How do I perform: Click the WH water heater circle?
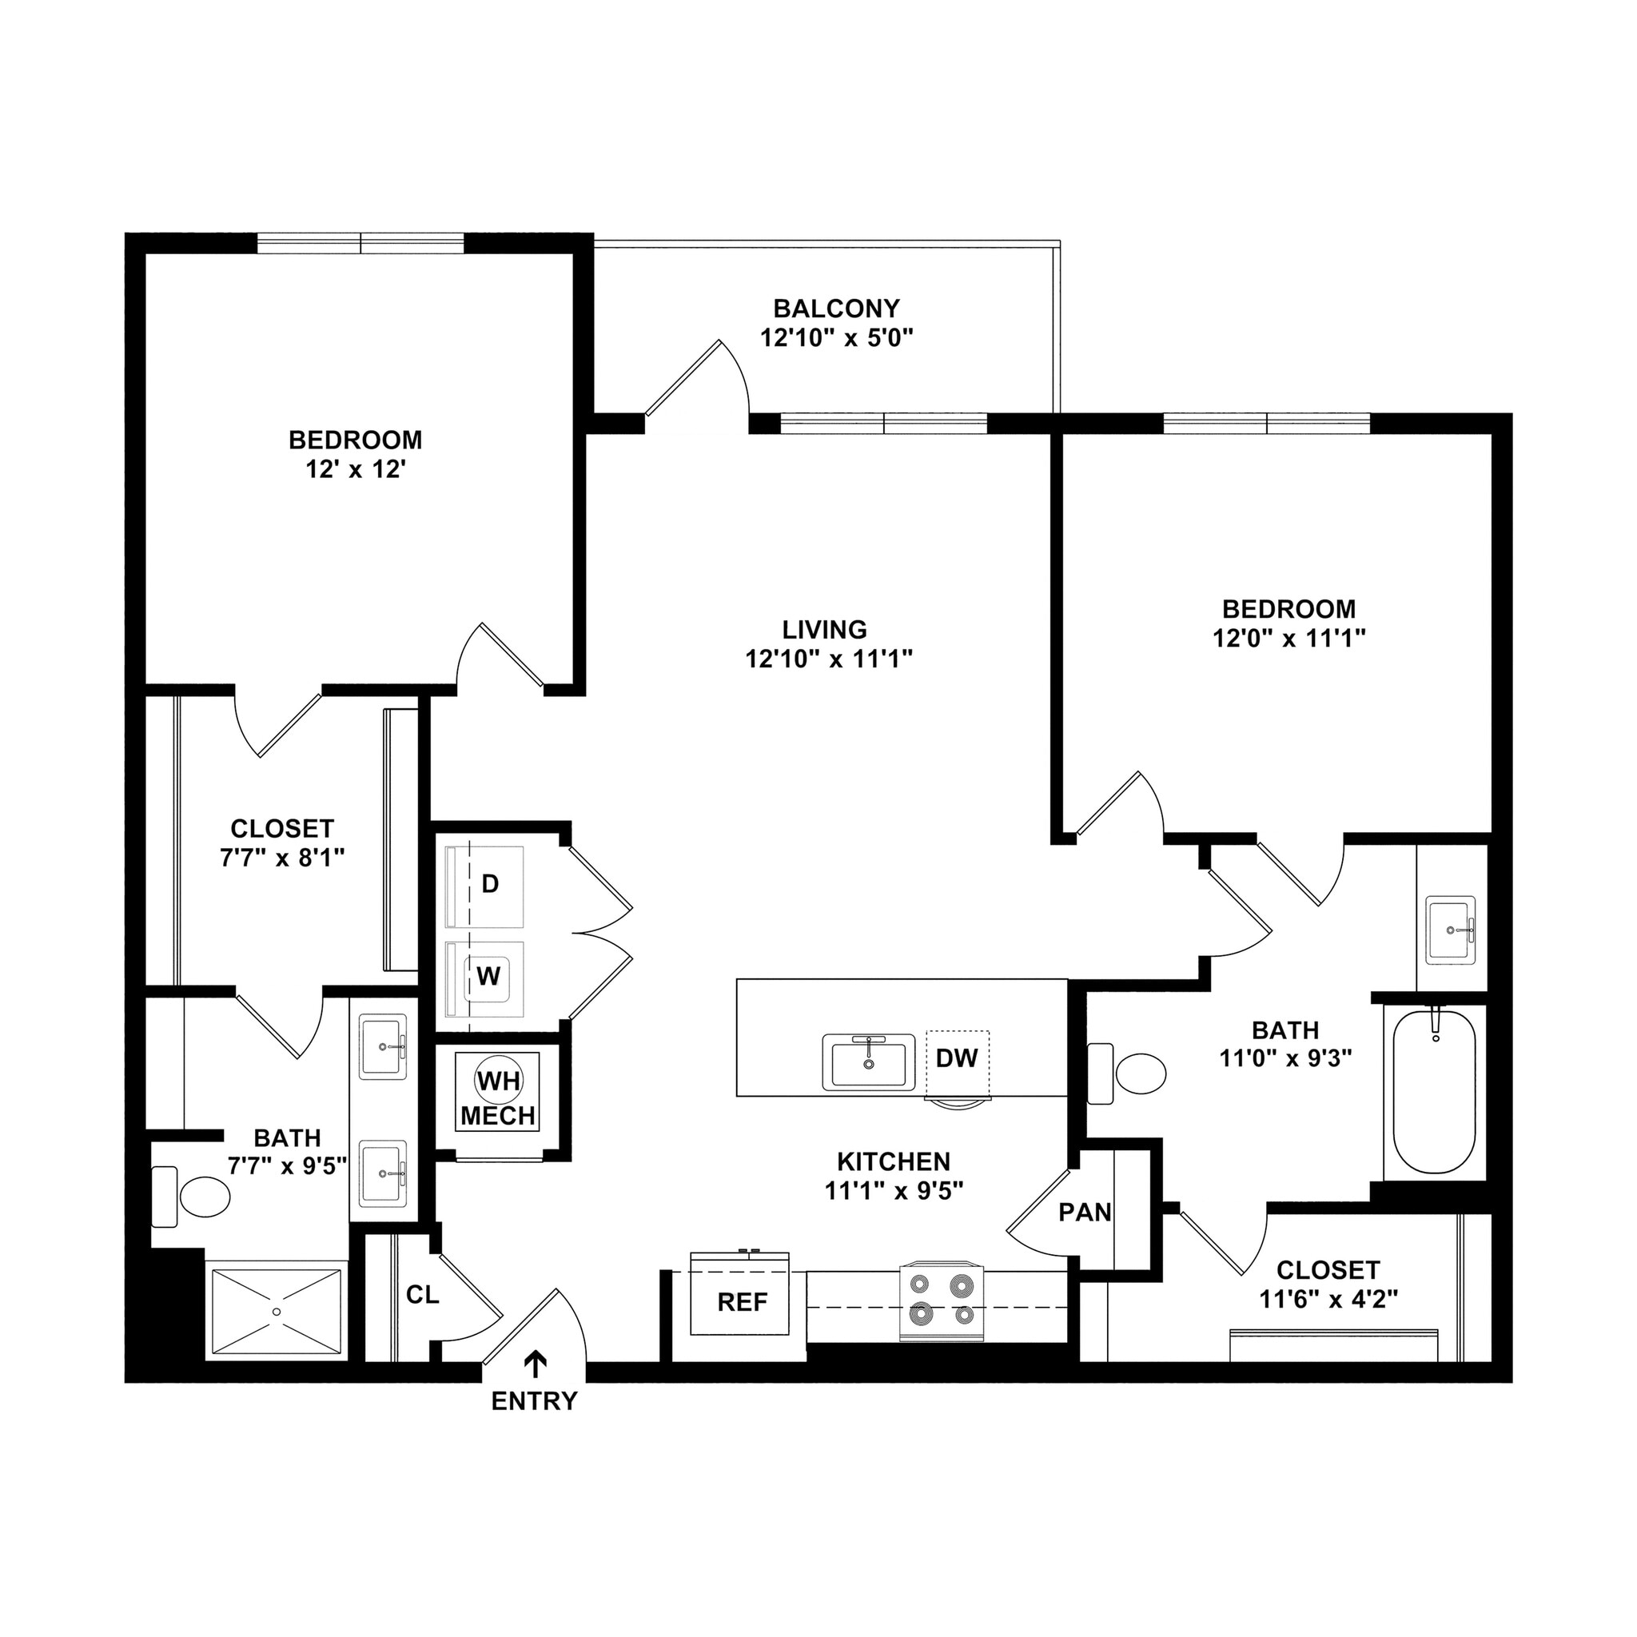coord(499,1081)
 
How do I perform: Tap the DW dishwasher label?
coord(957,1057)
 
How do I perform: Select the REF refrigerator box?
coord(743,1302)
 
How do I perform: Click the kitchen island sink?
coord(867,1062)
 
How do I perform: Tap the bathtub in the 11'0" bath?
coord(1435,1093)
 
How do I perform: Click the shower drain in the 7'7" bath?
coord(277,1311)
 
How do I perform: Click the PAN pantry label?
coord(1085,1213)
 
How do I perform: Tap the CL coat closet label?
coord(422,1295)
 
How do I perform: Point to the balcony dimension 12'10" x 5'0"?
coord(836,338)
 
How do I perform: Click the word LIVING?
coord(824,630)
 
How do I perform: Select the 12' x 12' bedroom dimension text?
coord(356,469)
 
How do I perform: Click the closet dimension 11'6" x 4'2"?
coord(1328,1299)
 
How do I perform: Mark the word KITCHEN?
coord(893,1161)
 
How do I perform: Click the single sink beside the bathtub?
coord(1451,930)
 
